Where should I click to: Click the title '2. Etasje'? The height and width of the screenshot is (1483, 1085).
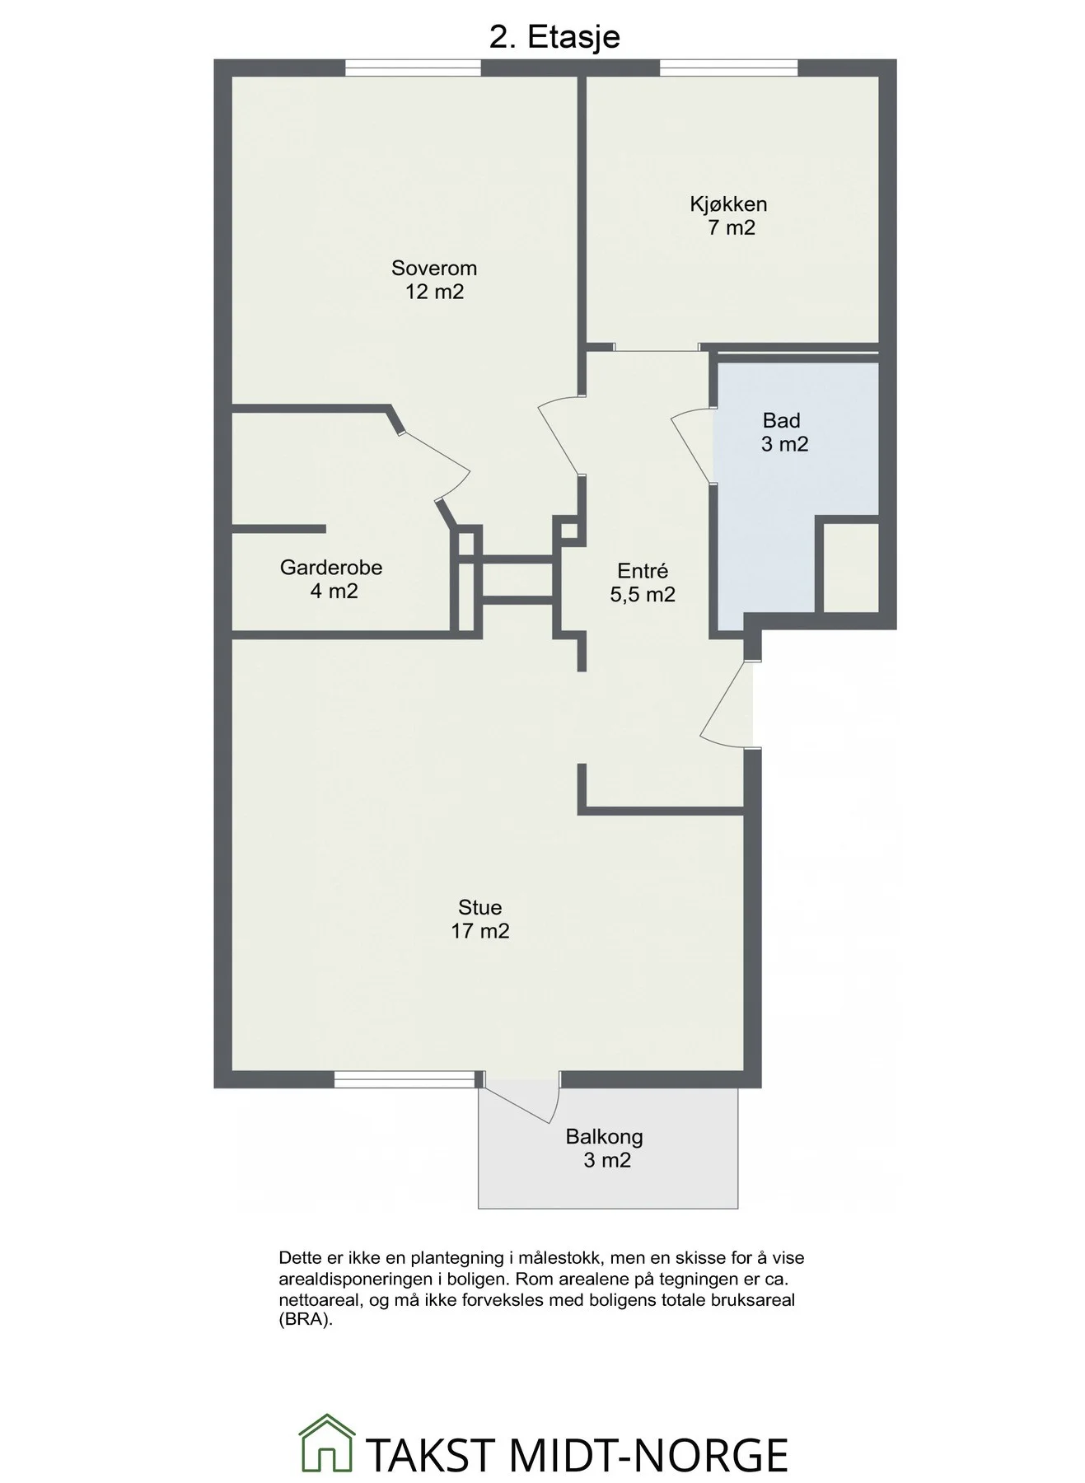554,37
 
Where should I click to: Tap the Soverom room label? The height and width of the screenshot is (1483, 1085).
434,269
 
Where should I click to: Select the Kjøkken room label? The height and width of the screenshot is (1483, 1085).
728,204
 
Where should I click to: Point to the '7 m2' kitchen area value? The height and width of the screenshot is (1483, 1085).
732,228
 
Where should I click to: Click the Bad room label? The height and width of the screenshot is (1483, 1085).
782,420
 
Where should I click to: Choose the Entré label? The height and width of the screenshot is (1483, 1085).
643,570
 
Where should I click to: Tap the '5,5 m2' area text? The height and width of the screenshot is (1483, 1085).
643,595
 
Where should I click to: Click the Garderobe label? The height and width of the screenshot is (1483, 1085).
331,567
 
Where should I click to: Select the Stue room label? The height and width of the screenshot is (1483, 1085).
480,907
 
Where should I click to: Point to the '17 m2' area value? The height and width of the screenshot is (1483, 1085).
480,931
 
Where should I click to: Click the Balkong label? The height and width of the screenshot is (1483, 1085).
604,1137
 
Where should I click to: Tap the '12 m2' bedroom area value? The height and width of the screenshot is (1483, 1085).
434,292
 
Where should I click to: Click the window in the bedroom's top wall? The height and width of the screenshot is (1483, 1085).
413,68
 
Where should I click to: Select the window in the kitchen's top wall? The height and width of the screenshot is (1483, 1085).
728,68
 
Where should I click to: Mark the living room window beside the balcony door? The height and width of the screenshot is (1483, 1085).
405,1079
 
